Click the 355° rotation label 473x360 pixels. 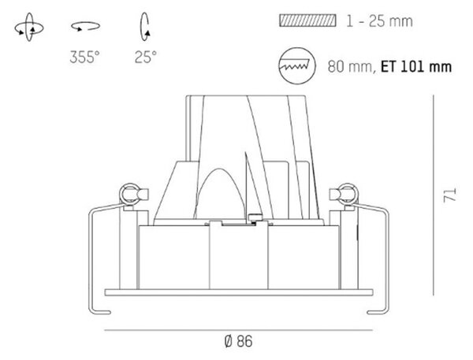pyautogui.click(x=84, y=57)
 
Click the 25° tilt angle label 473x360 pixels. pyautogui.click(x=146, y=57)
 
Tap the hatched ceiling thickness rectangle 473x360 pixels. pyautogui.click(x=307, y=20)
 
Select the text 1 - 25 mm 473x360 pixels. pyautogui.click(x=379, y=21)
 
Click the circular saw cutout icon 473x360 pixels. pyautogui.click(x=297, y=65)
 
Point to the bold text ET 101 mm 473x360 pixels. pyautogui.click(x=416, y=67)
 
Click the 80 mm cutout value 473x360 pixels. pyautogui.click(x=350, y=67)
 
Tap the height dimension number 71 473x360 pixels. pyautogui.click(x=450, y=195)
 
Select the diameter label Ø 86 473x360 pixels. pyautogui.click(x=238, y=342)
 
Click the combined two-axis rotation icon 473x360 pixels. pyautogui.click(x=29, y=28)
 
